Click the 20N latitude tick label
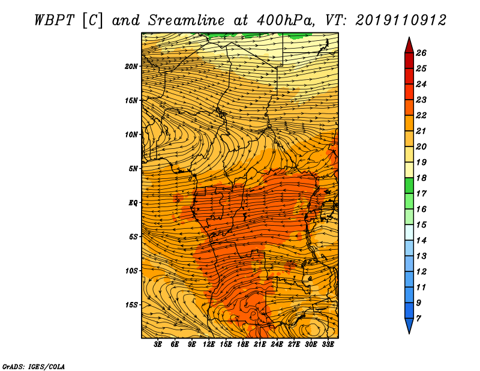tap(131, 66)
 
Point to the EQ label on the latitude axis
tap(133, 202)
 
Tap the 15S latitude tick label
tap(131, 305)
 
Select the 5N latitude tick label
tap(133, 169)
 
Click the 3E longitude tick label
tap(158, 345)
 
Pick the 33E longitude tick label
tap(328, 345)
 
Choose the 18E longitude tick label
tap(243, 345)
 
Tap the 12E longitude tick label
tap(209, 345)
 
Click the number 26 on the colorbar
tap(421, 53)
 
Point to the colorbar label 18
tap(421, 178)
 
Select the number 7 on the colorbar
tap(418, 318)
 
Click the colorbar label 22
tap(421, 115)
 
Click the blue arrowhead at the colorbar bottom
tap(409, 325)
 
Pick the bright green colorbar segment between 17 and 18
tap(409, 185)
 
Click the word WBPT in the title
tap(54, 20)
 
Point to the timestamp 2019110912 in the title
tap(401, 20)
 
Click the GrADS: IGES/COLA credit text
tap(34, 366)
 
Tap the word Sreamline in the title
tap(187, 20)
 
